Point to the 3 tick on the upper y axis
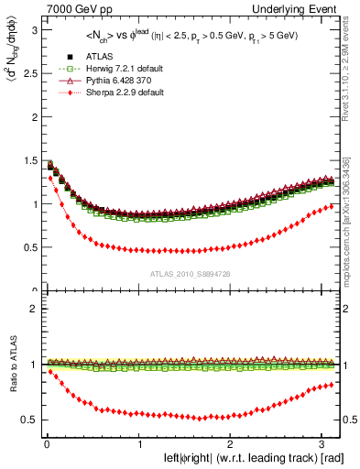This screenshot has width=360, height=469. point(32,29)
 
